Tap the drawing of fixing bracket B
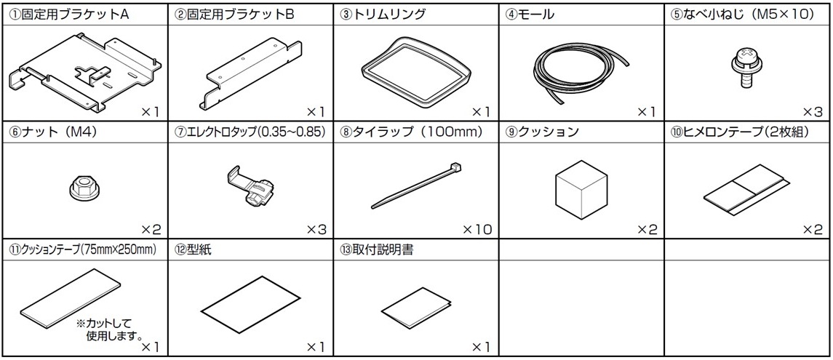pos(250,73)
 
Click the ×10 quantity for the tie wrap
pos(477,230)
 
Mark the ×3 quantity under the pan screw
pos(812,112)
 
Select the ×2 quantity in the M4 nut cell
pos(151,230)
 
